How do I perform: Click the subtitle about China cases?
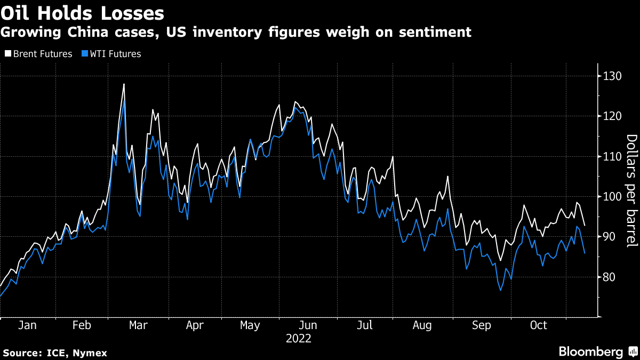pos(236,33)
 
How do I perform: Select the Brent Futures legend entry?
pos(38,54)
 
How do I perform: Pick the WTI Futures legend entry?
pos(111,54)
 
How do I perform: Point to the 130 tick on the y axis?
pos(612,76)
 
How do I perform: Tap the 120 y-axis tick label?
pos(612,116)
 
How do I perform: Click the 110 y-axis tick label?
pos(612,157)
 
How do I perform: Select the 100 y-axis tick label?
pos(612,197)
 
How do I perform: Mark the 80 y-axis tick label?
pos(610,277)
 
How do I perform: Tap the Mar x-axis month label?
pos(138,325)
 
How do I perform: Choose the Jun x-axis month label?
pos(308,325)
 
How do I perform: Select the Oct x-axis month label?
pos(538,325)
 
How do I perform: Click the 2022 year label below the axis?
pos(298,338)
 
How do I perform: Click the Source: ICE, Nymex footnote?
pos(54,353)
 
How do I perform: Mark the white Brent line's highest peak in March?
pos(124,84)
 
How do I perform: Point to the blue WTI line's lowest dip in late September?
pos(501,290)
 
